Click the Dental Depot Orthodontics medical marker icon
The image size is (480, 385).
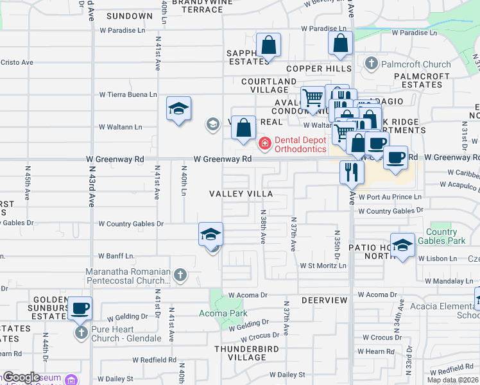(264, 144)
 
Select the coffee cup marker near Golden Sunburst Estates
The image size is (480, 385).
(80, 309)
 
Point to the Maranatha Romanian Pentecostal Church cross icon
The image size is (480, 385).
(180, 275)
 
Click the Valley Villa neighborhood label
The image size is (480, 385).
(241, 194)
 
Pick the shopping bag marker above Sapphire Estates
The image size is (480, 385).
(269, 46)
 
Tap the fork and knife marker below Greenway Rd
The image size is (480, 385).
(352, 172)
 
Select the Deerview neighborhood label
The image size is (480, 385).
(324, 300)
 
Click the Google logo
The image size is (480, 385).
(21, 377)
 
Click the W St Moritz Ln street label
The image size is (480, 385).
(323, 266)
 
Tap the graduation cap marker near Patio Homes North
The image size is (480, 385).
(402, 245)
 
